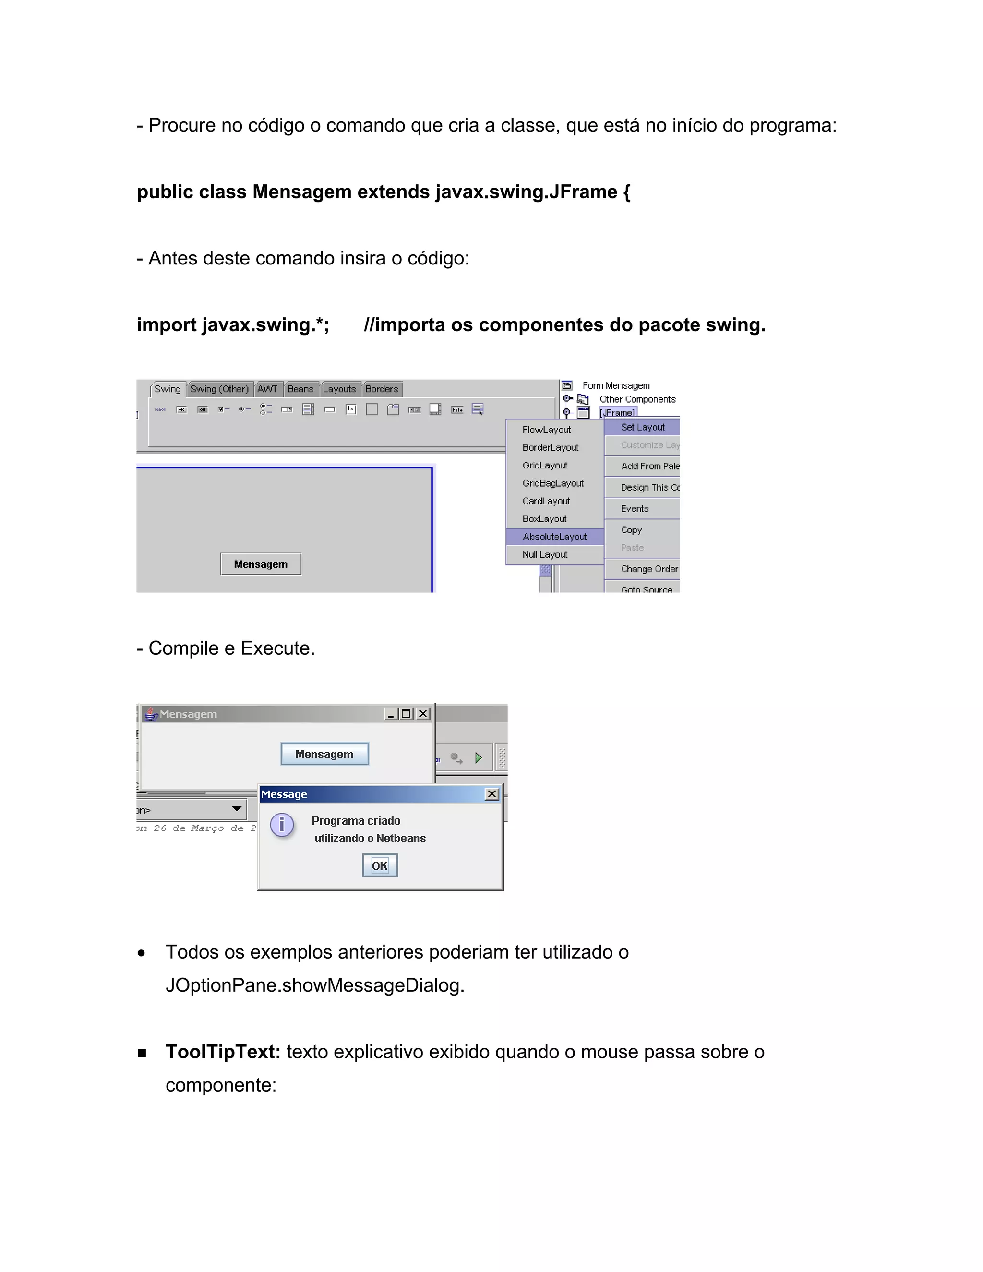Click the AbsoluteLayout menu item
click(x=554, y=537)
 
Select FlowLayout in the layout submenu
click(x=546, y=430)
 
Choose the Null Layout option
click(x=544, y=554)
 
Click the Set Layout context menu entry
click(x=642, y=427)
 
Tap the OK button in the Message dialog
click(x=380, y=865)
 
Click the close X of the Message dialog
click(x=492, y=794)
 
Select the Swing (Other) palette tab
click(x=219, y=389)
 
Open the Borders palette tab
click(x=382, y=389)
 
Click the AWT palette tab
click(x=267, y=389)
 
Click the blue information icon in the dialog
click(x=282, y=825)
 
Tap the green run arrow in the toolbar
click(x=478, y=758)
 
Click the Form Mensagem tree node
click(x=615, y=385)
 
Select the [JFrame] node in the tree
click(x=618, y=412)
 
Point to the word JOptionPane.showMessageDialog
click(x=314, y=985)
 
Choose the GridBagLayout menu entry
click(x=552, y=483)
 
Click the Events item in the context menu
click(x=634, y=508)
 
